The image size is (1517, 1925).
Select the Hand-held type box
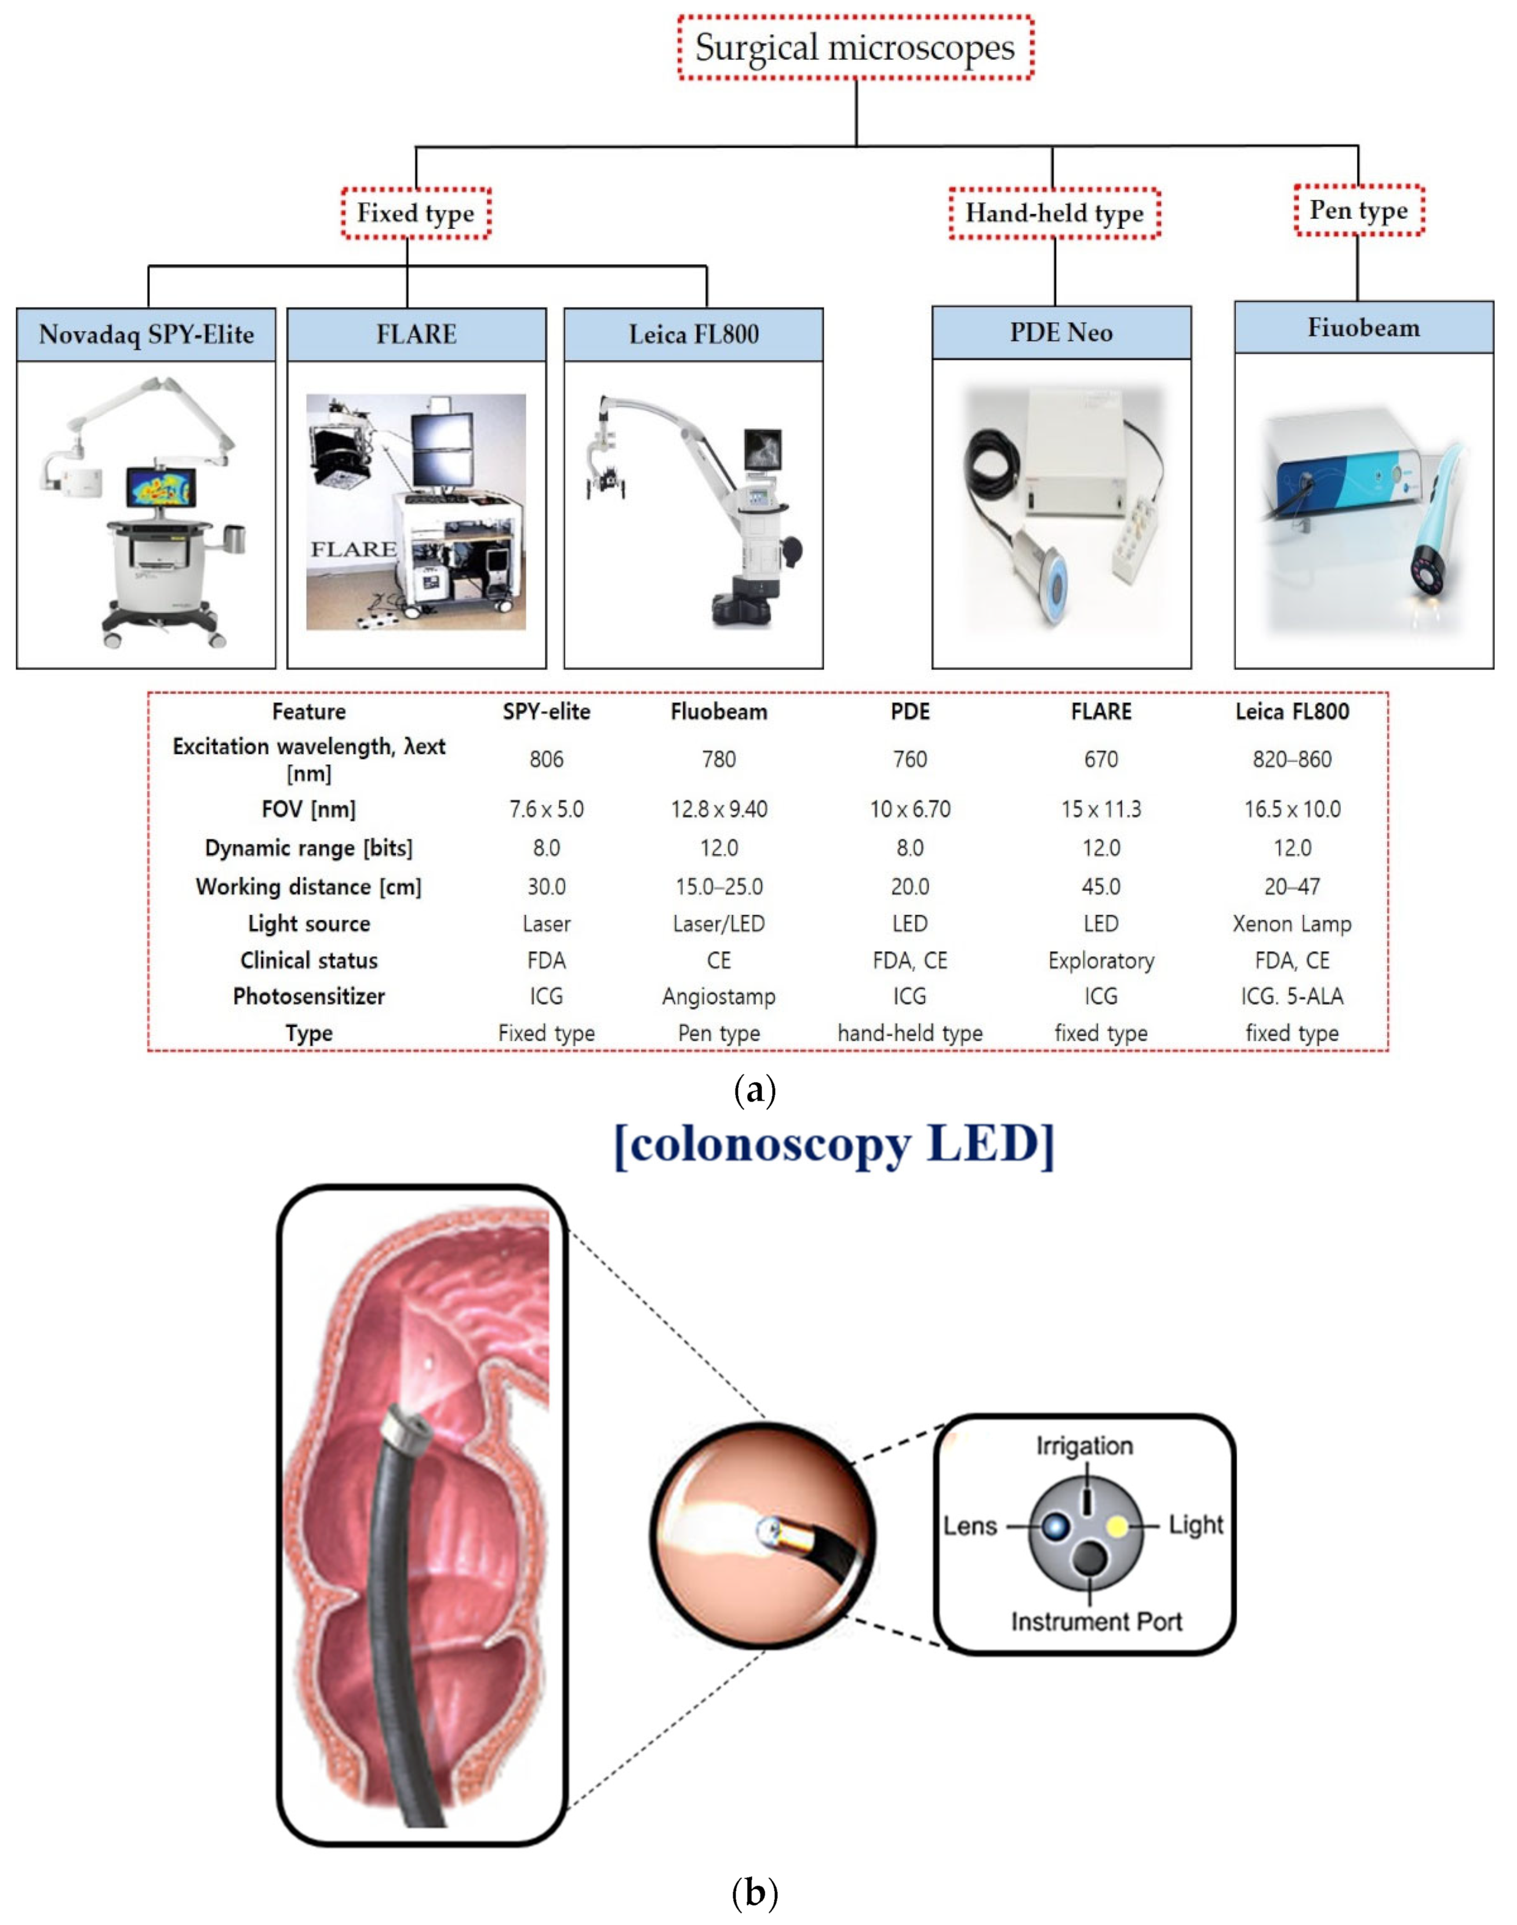tap(1054, 213)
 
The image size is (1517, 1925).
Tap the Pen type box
tap(1358, 210)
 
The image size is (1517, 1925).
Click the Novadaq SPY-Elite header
tap(147, 335)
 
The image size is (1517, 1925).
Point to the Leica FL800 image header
tap(694, 335)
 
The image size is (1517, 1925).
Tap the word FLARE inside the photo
tap(352, 549)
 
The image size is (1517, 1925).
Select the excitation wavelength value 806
tap(546, 759)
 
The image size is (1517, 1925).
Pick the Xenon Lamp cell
tap(1292, 924)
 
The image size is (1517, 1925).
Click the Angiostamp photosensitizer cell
tap(719, 996)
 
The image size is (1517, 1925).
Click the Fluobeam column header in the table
tap(719, 711)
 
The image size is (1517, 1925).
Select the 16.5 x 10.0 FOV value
tap(1292, 809)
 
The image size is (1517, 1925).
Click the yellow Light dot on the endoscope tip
tap(1116, 1526)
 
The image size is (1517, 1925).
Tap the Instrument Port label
tap(1096, 1622)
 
